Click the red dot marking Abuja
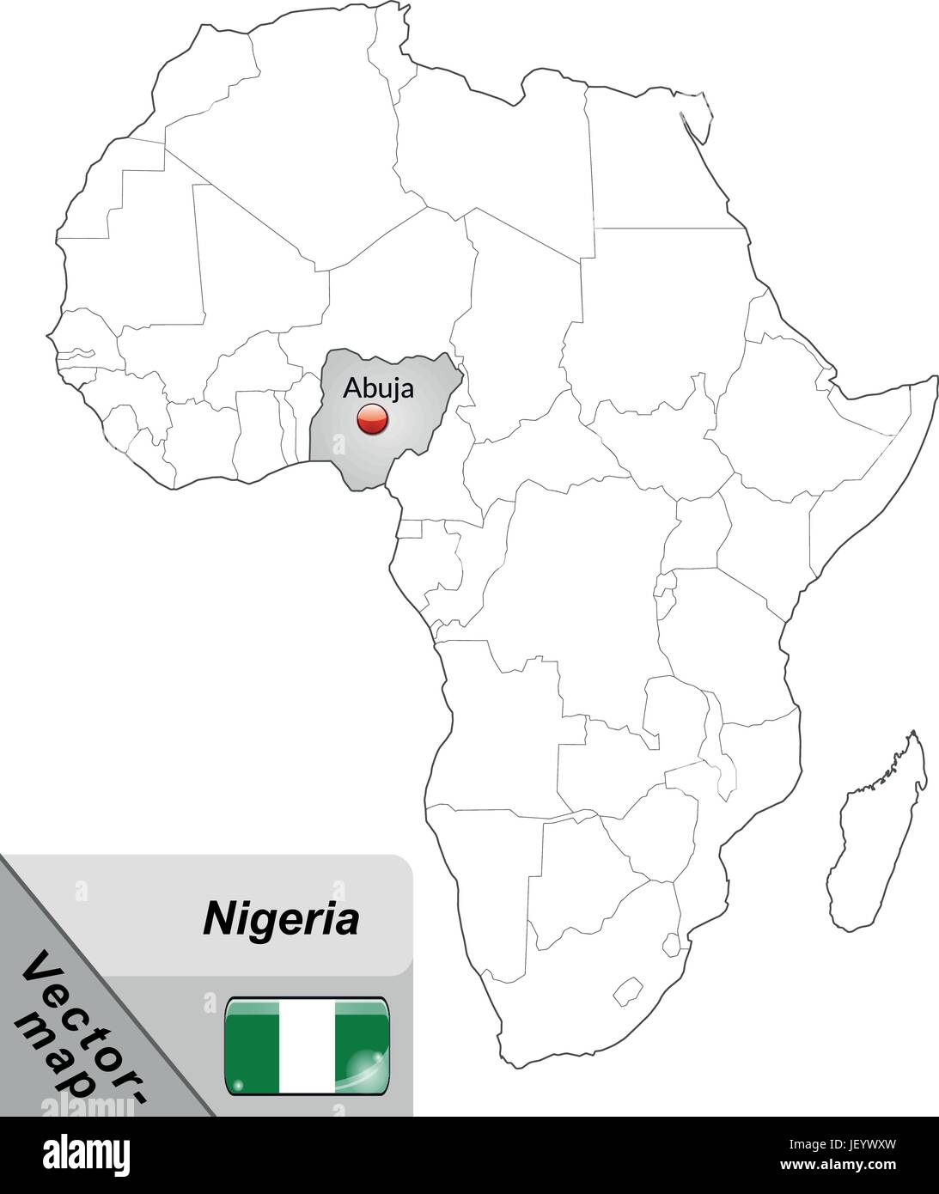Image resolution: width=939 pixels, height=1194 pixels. point(372,420)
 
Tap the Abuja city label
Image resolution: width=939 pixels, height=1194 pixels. point(378,387)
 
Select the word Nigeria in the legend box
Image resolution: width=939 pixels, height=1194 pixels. point(280,919)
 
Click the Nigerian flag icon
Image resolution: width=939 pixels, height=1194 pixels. point(307,1046)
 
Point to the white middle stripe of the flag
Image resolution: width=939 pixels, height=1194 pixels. point(307,1046)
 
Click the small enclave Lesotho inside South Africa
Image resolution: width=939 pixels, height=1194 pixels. point(629,990)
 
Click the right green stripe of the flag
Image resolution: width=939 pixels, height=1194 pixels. point(361,1046)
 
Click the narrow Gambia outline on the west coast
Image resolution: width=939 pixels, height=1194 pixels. point(74,353)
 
